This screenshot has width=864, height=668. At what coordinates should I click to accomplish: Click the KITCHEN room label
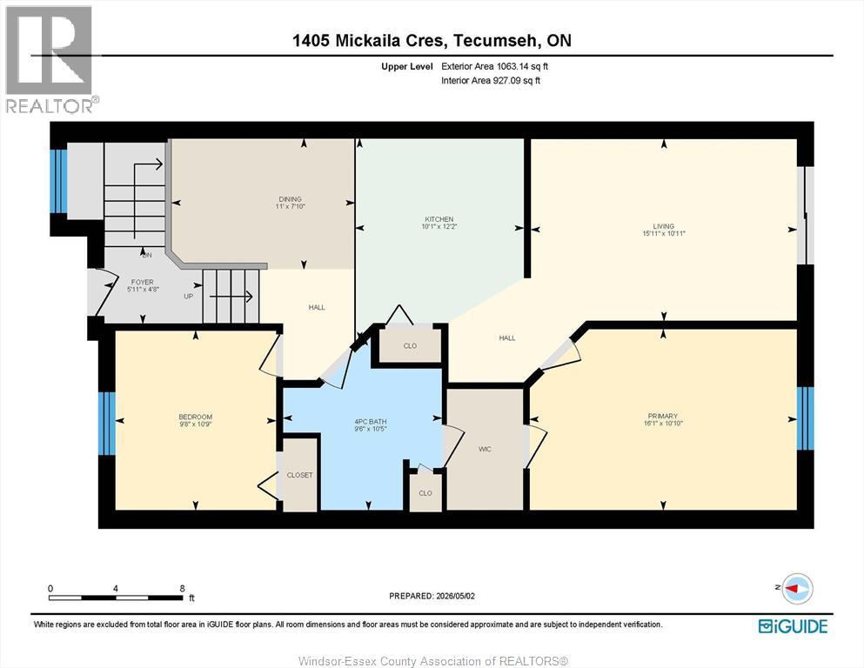point(439,219)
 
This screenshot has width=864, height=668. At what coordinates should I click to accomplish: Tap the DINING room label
point(291,199)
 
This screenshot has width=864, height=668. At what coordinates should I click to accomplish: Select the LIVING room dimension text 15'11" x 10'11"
point(664,233)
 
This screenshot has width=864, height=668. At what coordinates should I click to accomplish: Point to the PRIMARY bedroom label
point(663,417)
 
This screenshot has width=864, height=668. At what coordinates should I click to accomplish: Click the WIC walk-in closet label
point(485,450)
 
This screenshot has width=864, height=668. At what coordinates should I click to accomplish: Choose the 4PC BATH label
point(371,422)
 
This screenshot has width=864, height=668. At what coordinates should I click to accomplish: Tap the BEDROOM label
point(195,417)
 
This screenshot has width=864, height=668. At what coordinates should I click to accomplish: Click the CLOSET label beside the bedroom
point(300,475)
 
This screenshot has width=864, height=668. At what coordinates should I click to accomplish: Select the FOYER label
point(142,282)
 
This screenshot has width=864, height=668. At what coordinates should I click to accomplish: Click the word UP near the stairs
point(189,297)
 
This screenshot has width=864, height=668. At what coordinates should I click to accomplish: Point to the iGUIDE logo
point(793,626)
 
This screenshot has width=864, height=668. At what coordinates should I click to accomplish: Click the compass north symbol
point(796,588)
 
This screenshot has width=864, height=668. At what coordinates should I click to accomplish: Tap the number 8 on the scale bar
point(183,588)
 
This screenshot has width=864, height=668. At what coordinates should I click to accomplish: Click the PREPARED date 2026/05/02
point(455,596)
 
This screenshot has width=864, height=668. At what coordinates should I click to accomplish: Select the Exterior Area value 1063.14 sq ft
point(522,66)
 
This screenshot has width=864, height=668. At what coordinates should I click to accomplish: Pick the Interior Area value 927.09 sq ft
point(520,80)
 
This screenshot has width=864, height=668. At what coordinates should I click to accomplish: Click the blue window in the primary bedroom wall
point(805,418)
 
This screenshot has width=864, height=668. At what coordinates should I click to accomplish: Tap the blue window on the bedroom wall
point(107,424)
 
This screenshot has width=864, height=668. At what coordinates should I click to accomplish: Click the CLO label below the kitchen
point(410,346)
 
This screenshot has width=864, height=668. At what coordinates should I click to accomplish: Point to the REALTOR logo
point(50,59)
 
